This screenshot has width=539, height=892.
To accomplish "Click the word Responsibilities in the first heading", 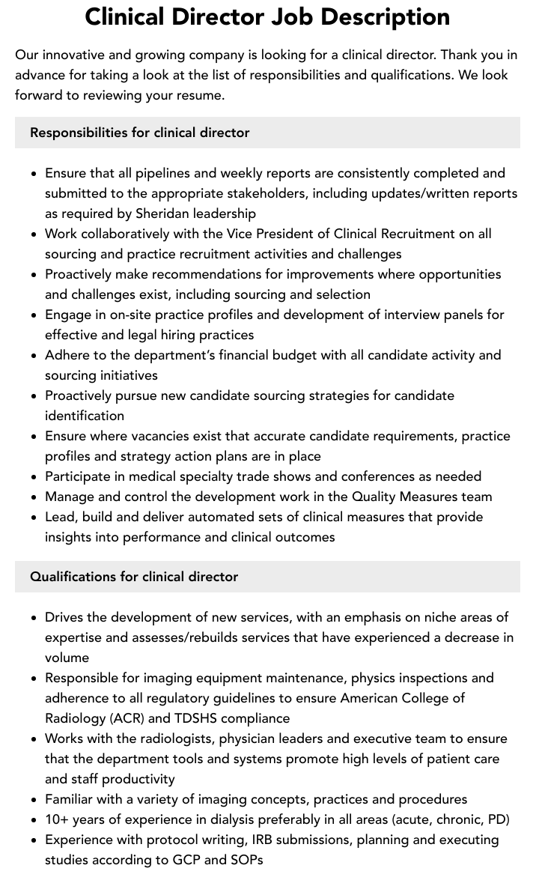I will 79,133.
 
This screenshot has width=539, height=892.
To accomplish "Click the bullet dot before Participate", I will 34,477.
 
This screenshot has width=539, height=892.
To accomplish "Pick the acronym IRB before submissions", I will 268,840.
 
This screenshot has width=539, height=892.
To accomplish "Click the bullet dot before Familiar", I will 34,800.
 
